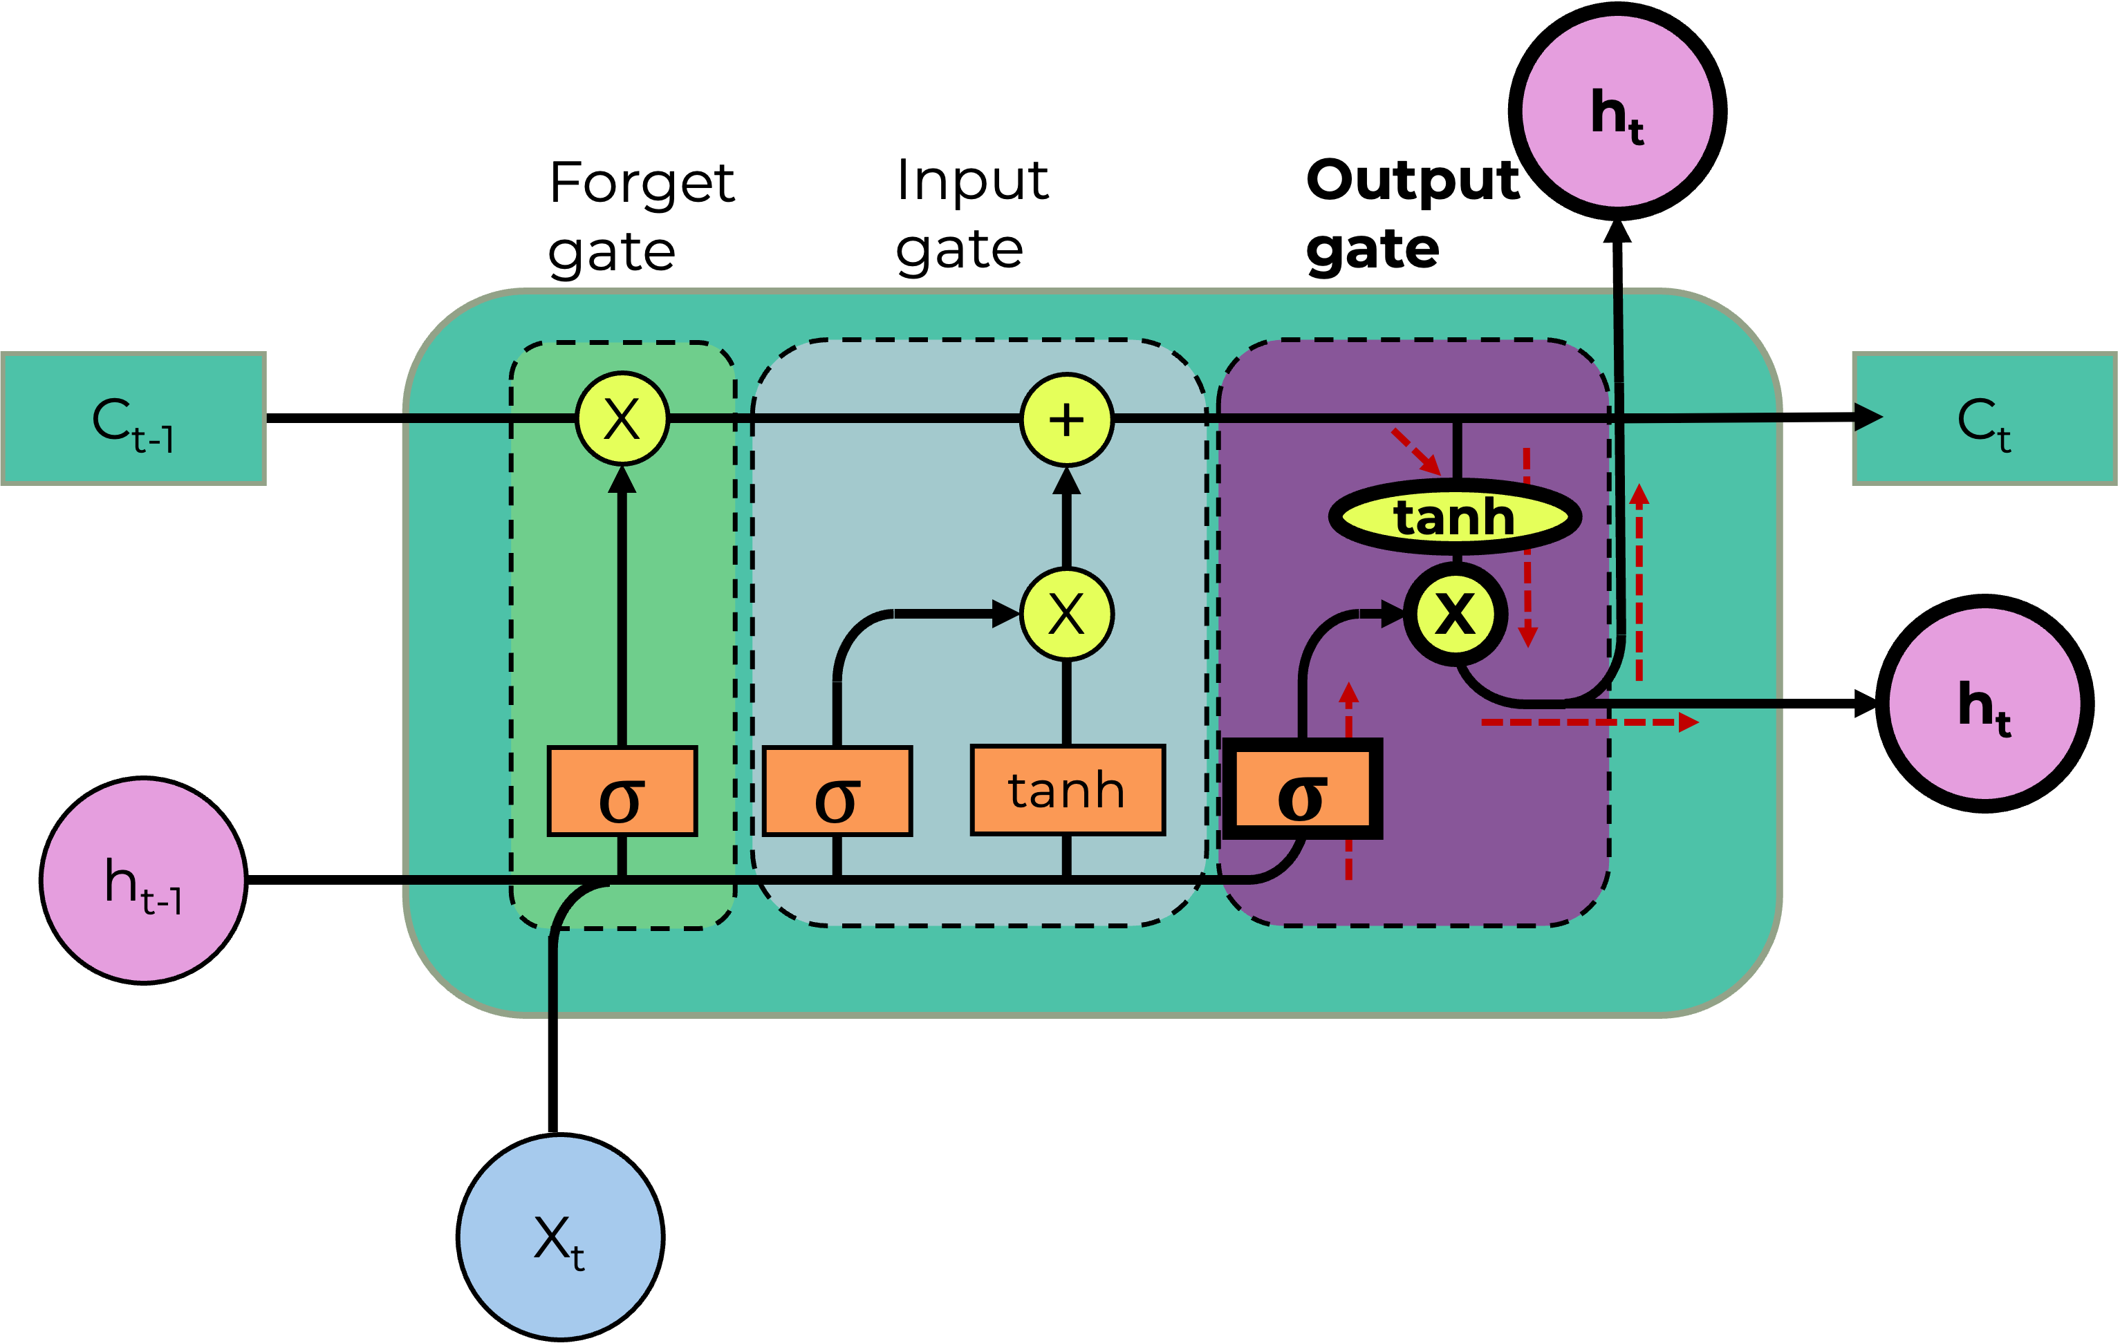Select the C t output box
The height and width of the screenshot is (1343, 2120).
(1984, 419)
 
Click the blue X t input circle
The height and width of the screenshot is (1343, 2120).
(560, 1237)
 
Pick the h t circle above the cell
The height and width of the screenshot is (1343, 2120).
(1617, 112)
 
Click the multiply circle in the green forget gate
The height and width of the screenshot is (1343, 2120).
(622, 419)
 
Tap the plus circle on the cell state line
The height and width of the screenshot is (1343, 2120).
(1067, 420)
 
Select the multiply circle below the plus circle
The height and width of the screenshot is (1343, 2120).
(1067, 614)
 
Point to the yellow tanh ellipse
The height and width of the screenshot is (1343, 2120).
(1454, 516)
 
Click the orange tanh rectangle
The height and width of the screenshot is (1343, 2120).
(1067, 790)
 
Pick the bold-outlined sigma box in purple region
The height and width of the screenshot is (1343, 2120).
(1302, 789)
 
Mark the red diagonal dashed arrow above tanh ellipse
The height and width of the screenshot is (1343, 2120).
(1415, 452)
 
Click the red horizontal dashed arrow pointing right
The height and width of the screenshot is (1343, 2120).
(1589, 722)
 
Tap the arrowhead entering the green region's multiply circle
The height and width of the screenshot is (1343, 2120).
(622, 480)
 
